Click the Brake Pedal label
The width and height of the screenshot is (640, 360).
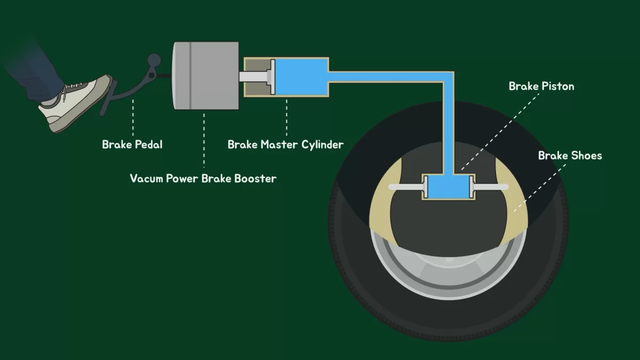(132, 144)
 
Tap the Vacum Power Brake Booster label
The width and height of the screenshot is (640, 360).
(203, 178)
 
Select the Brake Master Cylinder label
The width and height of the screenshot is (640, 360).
(285, 144)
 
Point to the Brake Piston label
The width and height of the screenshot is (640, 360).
(541, 86)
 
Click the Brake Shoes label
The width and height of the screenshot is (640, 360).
(570, 156)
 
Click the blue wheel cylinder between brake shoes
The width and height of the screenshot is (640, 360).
(447, 188)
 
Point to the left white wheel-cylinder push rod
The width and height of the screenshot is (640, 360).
(405, 187)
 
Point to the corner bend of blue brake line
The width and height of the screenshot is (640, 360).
(448, 77)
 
